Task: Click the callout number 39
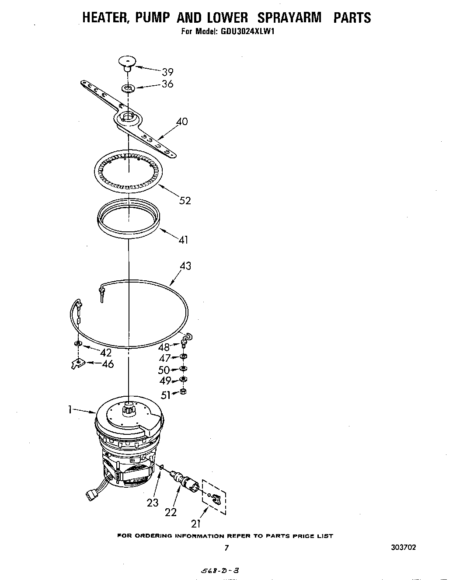tap(167, 72)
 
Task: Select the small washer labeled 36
tap(128, 89)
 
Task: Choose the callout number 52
tap(185, 200)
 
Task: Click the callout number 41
tap(183, 240)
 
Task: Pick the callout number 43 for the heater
tap(185, 266)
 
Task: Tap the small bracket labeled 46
tap(78, 363)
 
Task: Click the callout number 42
tap(105, 353)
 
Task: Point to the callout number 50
tap(164, 370)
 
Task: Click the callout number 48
tap(164, 347)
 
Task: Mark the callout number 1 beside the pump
tap(70, 409)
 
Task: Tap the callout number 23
tap(153, 503)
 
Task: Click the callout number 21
tap(196, 523)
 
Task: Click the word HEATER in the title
tap(107, 17)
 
